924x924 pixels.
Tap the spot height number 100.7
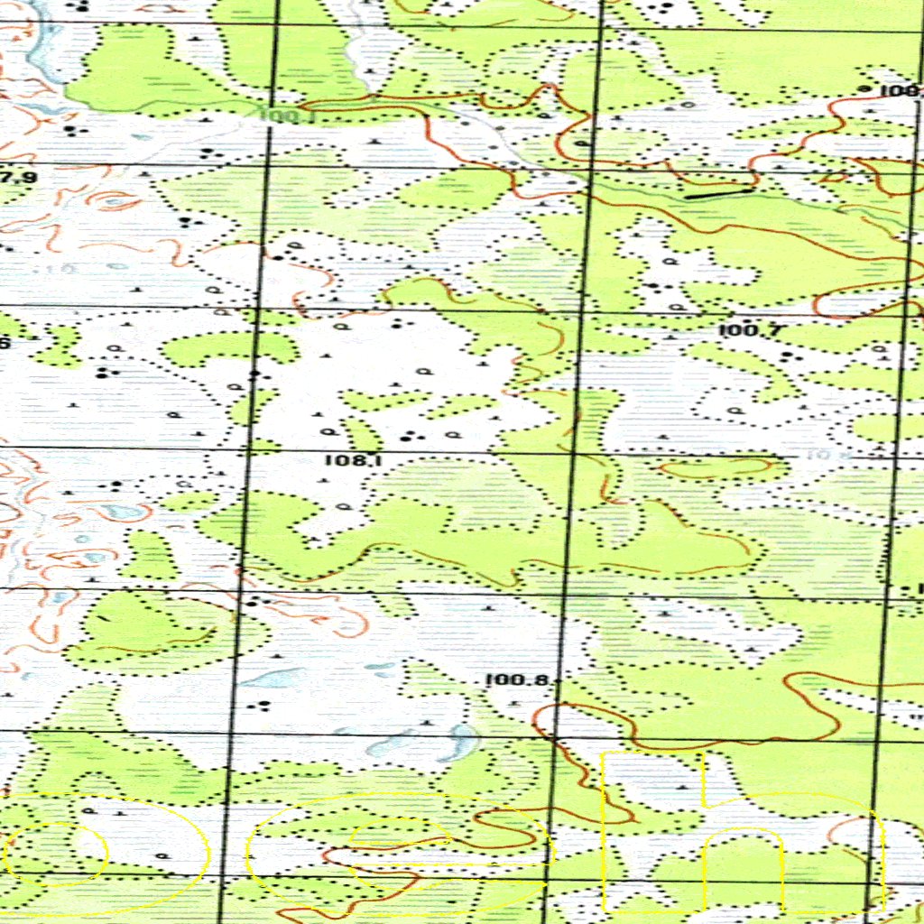(x=750, y=331)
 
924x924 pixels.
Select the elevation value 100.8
(x=517, y=680)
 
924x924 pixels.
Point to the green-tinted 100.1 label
(x=287, y=115)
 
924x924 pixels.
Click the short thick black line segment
(x=719, y=192)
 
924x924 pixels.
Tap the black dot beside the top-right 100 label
(x=864, y=89)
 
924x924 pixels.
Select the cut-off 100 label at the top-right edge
(x=900, y=90)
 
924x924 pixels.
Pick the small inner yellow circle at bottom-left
(x=56, y=851)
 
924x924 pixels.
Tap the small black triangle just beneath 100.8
(x=516, y=702)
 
